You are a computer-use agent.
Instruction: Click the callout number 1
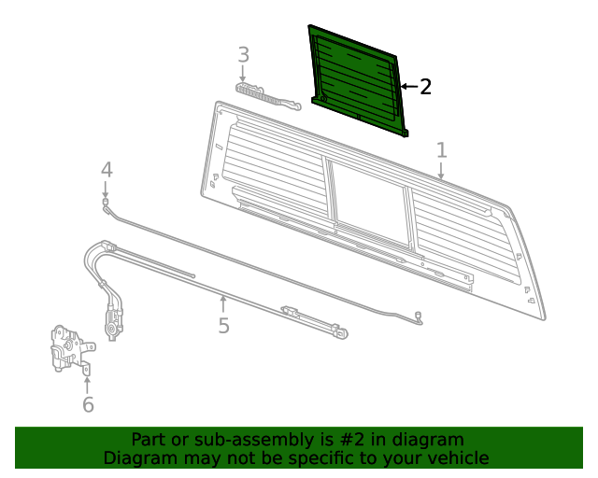pyautogui.click(x=441, y=150)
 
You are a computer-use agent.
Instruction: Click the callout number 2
pyautogui.click(x=425, y=87)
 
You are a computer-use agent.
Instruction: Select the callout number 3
pyautogui.click(x=243, y=55)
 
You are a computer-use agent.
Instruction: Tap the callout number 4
pyautogui.click(x=107, y=170)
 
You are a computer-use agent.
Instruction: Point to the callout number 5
pyautogui.click(x=223, y=326)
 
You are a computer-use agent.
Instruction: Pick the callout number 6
pyautogui.click(x=88, y=404)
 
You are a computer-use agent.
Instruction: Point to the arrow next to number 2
pyautogui.click(x=407, y=87)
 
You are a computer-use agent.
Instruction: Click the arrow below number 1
pyautogui.click(x=441, y=171)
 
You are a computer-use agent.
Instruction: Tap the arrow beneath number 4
pyautogui.click(x=106, y=190)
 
